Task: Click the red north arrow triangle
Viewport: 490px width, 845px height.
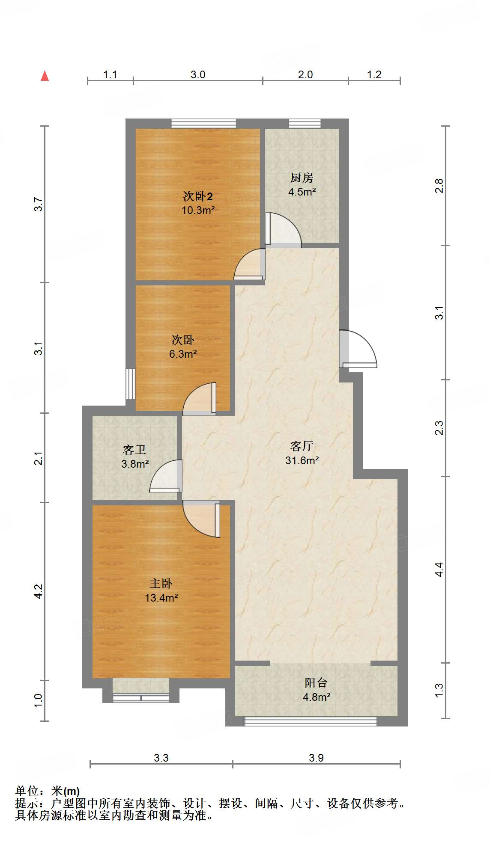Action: point(45,76)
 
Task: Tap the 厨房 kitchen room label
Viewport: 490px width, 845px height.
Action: point(302,177)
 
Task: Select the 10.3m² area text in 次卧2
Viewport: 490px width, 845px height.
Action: point(198,211)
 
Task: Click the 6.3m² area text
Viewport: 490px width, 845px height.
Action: point(183,354)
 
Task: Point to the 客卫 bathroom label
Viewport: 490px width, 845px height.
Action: point(134,450)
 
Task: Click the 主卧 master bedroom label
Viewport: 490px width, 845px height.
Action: point(161,583)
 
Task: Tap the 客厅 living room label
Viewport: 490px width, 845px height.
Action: point(302,446)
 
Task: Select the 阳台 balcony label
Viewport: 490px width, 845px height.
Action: point(316,682)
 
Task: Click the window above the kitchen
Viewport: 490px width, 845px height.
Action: point(305,124)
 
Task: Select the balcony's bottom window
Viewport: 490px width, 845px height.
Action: point(310,721)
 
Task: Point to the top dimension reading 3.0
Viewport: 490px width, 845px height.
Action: point(198,75)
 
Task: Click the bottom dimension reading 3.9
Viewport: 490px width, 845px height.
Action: point(316,758)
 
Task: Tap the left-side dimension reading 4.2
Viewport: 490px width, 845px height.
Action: point(39,591)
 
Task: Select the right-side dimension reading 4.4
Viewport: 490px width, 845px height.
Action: point(439,569)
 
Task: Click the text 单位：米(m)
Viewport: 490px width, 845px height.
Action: point(48,791)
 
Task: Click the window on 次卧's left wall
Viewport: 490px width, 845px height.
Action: point(130,384)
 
